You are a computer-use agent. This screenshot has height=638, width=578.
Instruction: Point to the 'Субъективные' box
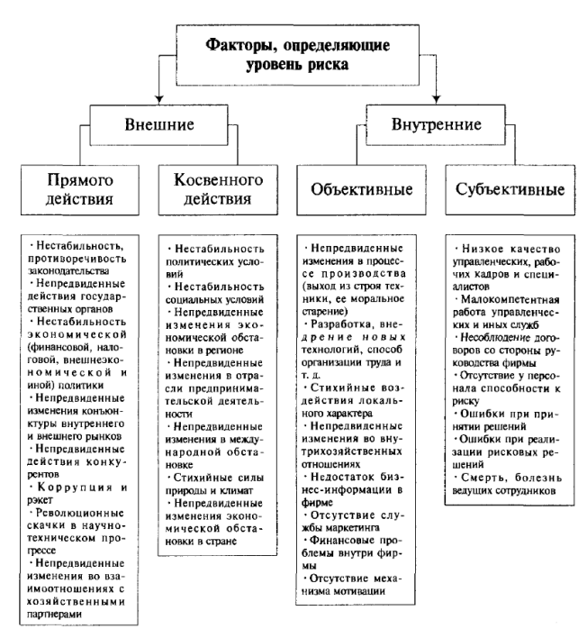click(x=499, y=190)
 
